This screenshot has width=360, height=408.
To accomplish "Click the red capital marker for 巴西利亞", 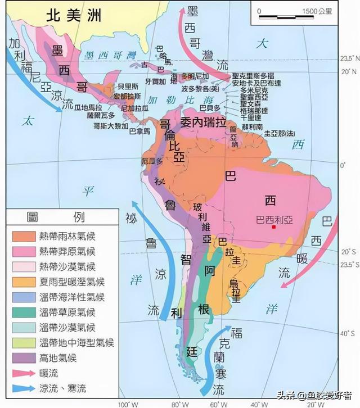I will pos(274,227).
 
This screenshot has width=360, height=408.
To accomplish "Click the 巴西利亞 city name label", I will pos(274,218).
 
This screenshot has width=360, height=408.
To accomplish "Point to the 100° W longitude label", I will pos(125,404).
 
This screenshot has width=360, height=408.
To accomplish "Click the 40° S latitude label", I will pos(350,332).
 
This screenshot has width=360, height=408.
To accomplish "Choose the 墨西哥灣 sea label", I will pos(109,55).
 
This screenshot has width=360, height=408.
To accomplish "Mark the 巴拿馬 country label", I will pos(139,132).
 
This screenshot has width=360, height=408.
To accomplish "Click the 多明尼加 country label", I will pos(195,75).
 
